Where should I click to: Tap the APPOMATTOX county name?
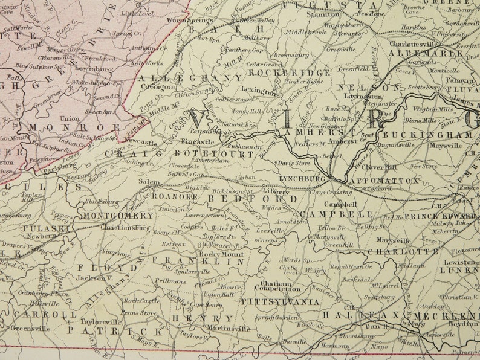point(384,181)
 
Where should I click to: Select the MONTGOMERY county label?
point(117,216)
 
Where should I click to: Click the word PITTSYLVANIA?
point(280,301)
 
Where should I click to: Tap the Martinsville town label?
point(229,328)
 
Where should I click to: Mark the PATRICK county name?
point(114,331)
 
